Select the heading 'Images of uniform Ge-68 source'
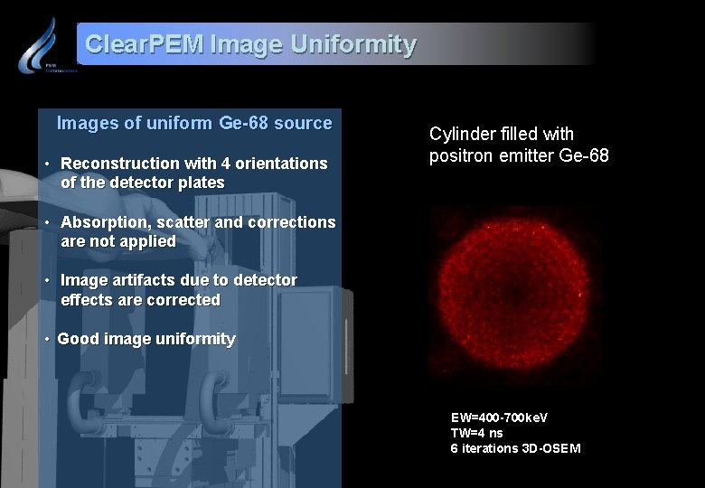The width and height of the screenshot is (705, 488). tap(194, 123)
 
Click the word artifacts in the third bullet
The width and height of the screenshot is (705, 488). tap(149, 280)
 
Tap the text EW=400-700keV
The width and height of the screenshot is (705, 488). tap(499, 418)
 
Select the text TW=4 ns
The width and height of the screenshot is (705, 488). tap(476, 433)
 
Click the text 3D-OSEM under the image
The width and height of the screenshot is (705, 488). tap(550, 448)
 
